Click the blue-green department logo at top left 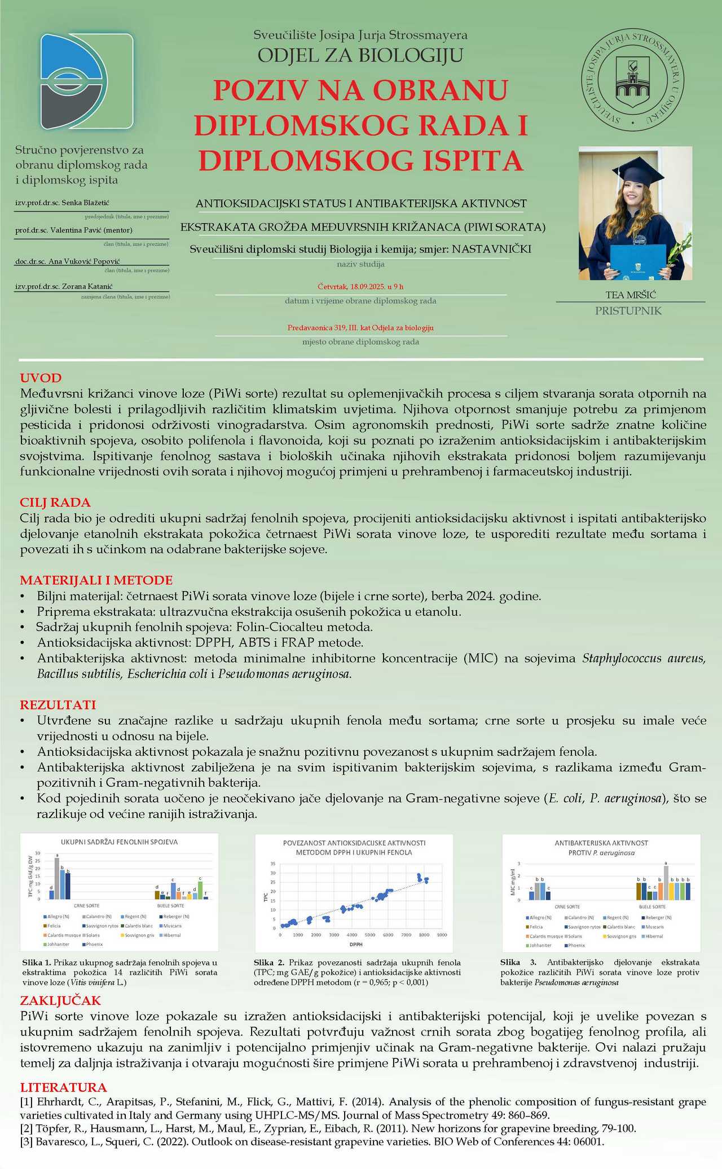(x=86, y=80)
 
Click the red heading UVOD (x=41, y=378)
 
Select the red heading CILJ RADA (x=55, y=502)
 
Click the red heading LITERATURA (x=64, y=1088)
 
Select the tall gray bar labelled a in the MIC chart (x=666, y=882)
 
